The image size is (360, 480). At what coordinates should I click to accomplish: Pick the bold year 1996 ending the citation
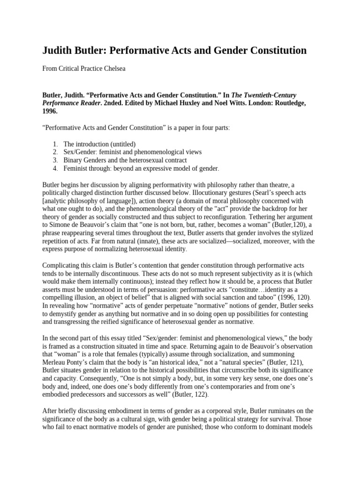[51, 112]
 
